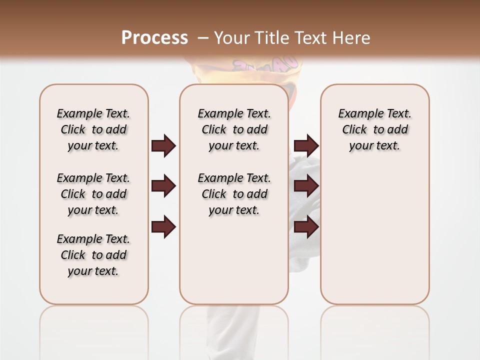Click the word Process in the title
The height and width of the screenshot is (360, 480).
(154, 37)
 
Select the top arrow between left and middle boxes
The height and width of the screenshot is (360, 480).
(163, 146)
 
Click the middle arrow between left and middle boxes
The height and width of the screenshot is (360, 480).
(163, 186)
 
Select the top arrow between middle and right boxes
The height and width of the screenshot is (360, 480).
(306, 146)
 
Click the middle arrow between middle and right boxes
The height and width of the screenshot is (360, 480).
(306, 186)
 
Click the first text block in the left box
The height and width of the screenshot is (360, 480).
(93, 129)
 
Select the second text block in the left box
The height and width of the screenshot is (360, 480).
(93, 194)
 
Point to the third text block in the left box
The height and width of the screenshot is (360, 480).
(93, 255)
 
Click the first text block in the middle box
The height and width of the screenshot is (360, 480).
(234, 129)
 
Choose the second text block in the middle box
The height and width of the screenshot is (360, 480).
(234, 194)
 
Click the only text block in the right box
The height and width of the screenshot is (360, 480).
(374, 129)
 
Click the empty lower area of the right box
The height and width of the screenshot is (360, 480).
(374, 235)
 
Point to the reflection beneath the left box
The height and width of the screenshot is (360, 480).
(94, 325)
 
